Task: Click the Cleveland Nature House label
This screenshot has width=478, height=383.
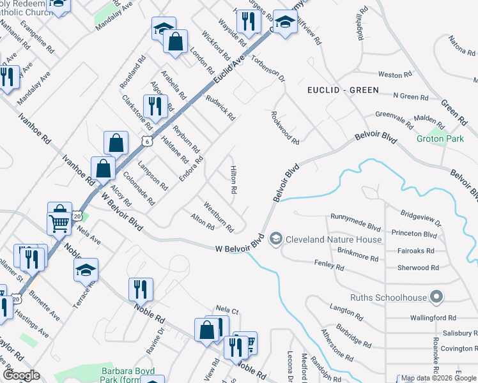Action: [x=334, y=240]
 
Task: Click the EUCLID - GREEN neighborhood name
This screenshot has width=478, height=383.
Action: [x=343, y=90]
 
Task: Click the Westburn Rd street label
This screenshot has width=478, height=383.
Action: [x=218, y=217]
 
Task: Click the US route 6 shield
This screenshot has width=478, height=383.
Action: [x=148, y=142]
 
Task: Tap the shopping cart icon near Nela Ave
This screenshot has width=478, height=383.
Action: [x=59, y=223]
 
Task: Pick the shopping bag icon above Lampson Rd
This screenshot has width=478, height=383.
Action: [x=116, y=143]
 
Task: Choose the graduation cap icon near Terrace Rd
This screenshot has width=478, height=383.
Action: [x=86, y=271]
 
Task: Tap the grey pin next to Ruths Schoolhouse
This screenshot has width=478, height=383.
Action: [x=437, y=297]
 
